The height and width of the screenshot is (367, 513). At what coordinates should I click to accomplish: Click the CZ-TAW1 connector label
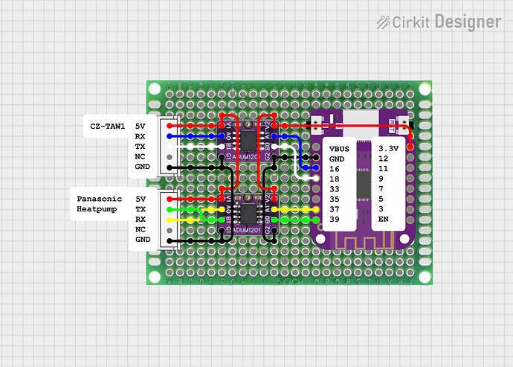[107, 127]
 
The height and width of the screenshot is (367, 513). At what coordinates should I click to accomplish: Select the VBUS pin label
[339, 148]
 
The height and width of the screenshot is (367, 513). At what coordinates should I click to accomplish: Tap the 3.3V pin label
[388, 148]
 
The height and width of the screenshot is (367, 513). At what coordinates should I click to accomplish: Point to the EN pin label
[383, 220]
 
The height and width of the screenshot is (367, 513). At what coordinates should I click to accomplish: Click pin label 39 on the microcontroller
[335, 220]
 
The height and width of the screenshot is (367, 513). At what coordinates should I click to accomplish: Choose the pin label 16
[335, 169]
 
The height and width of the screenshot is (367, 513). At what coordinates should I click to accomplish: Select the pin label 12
[383, 159]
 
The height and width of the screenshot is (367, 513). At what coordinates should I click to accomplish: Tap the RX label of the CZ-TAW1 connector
[140, 137]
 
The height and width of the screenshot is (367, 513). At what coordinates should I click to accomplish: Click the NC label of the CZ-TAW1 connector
[140, 157]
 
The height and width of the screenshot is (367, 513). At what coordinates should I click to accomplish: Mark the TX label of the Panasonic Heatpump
[141, 210]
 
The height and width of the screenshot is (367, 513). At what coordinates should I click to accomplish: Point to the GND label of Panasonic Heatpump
[143, 240]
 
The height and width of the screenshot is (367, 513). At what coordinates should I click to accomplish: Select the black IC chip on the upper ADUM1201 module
[246, 139]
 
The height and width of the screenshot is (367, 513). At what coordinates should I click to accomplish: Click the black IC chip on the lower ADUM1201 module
[246, 212]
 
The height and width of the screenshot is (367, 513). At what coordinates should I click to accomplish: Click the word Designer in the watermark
[468, 22]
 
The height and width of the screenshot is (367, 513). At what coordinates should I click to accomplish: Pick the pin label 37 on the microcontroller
[335, 209]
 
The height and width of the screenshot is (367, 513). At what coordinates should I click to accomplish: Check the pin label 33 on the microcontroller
[335, 189]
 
